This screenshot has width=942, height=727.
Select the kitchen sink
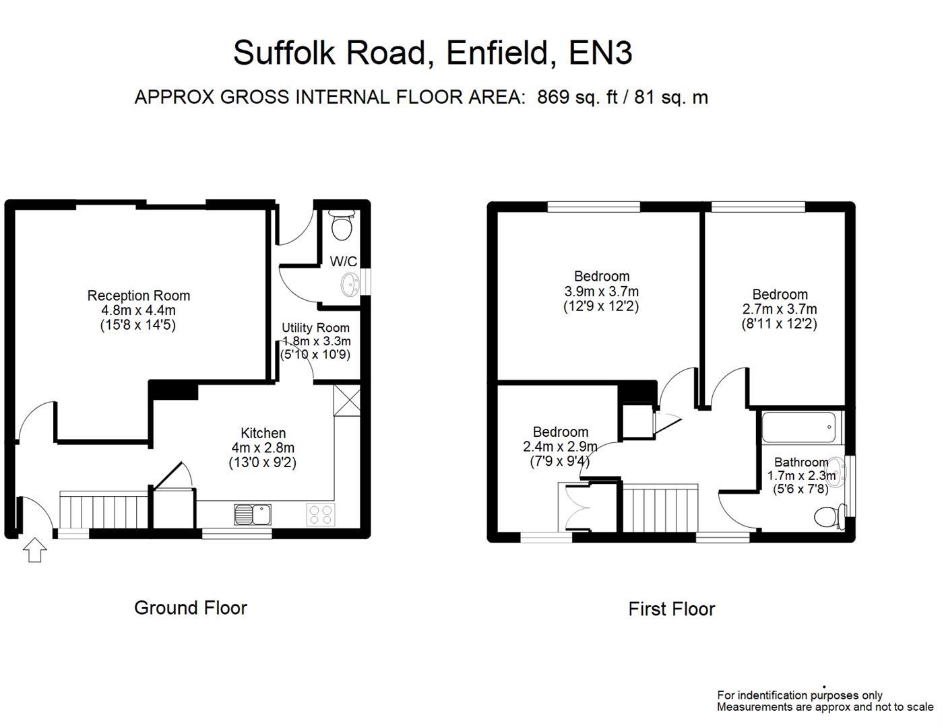pos(252,515)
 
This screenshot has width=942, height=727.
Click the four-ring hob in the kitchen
pos(319,515)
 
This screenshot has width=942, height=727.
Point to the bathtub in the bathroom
pos(800,427)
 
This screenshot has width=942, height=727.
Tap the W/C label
pos(343,261)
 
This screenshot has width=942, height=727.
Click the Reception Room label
pos(139,296)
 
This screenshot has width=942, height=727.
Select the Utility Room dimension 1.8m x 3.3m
pos(316,341)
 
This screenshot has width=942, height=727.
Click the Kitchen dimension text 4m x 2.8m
pos(263,448)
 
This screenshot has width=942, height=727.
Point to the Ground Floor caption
pos(191,608)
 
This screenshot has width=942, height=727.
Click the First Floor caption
pos(671,609)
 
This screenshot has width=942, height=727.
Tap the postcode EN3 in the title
pos(600,53)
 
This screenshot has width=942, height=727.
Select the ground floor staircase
pos(104,511)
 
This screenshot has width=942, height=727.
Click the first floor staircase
pos(659,508)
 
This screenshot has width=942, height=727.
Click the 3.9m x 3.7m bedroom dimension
pos(601,291)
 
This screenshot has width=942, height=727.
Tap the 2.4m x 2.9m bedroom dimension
pos(560,446)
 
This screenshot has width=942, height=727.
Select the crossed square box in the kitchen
pos(348,400)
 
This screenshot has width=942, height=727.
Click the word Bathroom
pos(801,462)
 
